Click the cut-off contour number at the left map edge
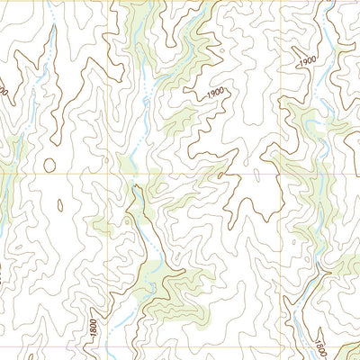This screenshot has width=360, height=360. tap(4, 90)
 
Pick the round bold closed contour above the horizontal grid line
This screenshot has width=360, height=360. tap(49, 165)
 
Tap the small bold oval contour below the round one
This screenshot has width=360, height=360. tap(60, 204)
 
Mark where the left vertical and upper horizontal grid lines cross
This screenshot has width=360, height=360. tap(110, 172)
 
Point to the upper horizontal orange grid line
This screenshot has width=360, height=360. tap(198, 172)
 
